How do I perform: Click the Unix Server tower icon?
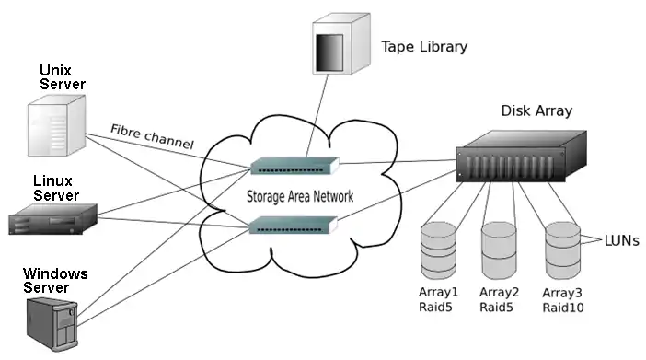tap(56, 125)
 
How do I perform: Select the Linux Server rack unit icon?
tap(52, 219)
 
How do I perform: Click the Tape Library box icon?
tap(341, 43)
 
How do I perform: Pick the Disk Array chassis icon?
tap(521, 157)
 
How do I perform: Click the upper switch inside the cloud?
tap(294, 166)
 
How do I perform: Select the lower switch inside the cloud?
tap(294, 226)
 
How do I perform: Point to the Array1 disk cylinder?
tap(438, 250)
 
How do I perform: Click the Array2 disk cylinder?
tap(499, 250)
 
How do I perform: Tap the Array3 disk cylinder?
tap(563, 250)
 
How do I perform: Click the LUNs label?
tap(622, 241)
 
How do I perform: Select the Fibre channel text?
tap(152, 136)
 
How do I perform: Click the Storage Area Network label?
tap(300, 196)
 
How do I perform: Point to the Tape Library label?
tap(424, 47)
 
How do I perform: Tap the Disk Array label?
tap(536, 110)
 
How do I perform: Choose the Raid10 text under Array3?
tap(563, 308)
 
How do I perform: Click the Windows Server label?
tap(55, 281)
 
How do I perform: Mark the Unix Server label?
tap(63, 77)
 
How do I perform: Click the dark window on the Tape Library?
tap(329, 52)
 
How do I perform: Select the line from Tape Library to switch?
tap(317, 116)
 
